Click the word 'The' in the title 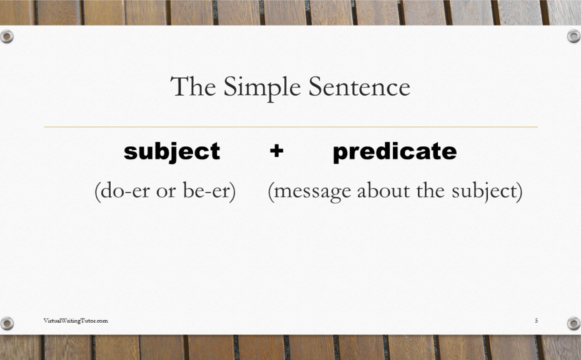click(193, 86)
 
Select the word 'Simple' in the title click(262, 88)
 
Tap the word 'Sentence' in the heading click(359, 86)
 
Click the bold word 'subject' click(172, 152)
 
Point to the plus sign click(276, 151)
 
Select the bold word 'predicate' click(395, 152)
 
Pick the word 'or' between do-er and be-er click(166, 192)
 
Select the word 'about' click(384, 191)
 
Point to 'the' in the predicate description click(431, 191)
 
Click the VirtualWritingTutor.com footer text click(76, 321)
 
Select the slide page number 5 click(536, 321)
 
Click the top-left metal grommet click(7, 37)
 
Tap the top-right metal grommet click(574, 36)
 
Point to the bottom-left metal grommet click(7, 323)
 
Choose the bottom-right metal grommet click(574, 323)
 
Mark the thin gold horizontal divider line click(291, 127)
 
